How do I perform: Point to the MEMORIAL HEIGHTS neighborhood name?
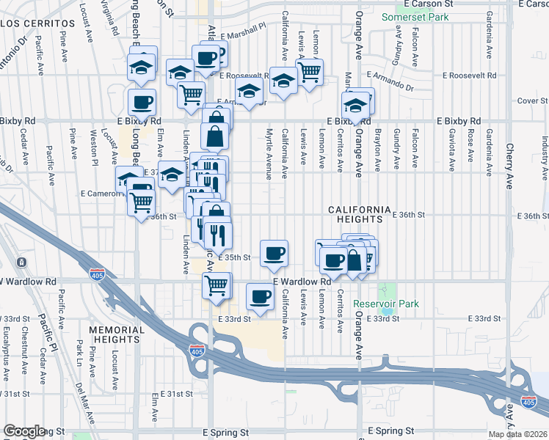point(116,334)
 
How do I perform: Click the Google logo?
point(24,431)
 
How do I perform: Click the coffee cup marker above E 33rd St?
point(260,296)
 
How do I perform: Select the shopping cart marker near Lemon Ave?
point(310,72)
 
